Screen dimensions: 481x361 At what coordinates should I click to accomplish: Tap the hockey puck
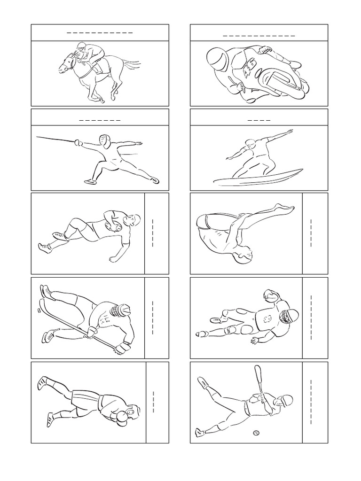click(x=39, y=310)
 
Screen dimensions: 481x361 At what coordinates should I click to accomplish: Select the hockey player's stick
click(x=78, y=324)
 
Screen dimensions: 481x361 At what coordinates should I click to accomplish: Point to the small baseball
click(x=256, y=432)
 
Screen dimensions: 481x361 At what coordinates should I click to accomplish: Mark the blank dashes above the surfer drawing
click(x=259, y=120)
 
